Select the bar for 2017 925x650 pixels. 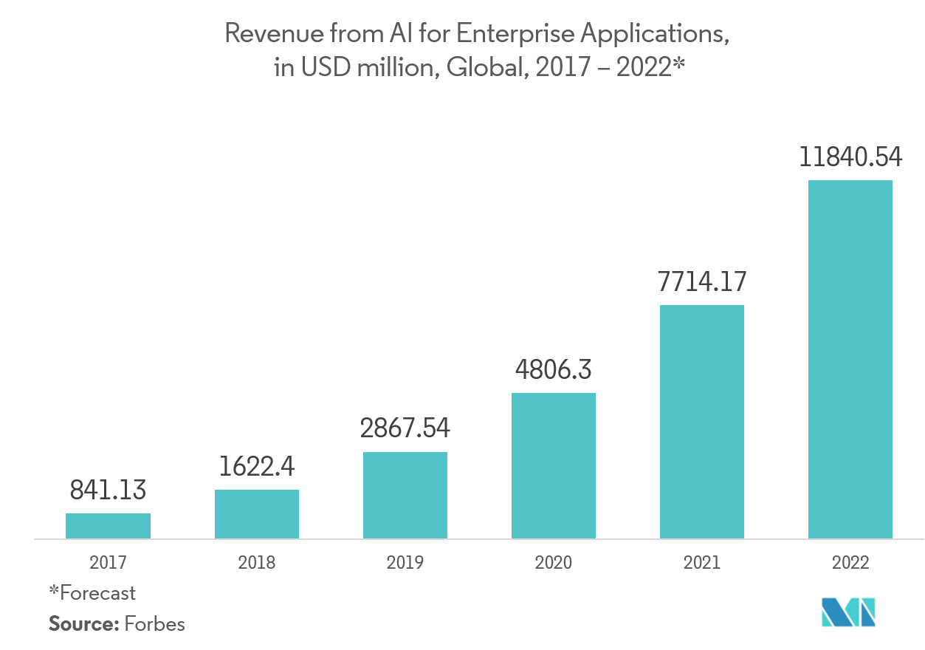pos(108,526)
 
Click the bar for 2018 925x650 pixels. pos(257,514)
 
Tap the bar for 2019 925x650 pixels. pos(405,495)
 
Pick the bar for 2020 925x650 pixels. pos(554,465)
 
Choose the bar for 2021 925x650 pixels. pos(702,422)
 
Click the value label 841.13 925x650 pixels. pos(108,490)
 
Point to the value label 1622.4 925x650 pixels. pos(257,466)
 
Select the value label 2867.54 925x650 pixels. pos(405,428)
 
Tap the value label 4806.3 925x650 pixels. pos(554,369)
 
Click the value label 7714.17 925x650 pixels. pos(702,281)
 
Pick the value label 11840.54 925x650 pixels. pos(850,157)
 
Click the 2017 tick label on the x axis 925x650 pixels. pos(108,563)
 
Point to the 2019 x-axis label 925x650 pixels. pos(405,563)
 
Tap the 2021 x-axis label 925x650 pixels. pos(702,563)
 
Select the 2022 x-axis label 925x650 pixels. pos(850,563)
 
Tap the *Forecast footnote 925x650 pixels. pos(92,592)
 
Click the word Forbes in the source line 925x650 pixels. pos(154,624)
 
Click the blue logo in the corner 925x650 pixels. pos(849,612)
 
